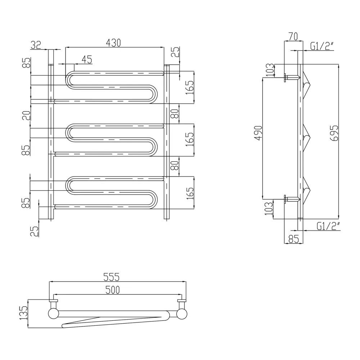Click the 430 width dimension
point(113,43)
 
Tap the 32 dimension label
point(36,45)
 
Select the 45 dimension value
point(87,59)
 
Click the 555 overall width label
point(112,277)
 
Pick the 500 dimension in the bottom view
point(112,290)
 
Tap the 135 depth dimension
point(24,313)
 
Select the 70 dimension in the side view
point(293,36)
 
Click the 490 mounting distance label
point(258,133)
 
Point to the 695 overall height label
point(334,133)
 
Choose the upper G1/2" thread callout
point(321,46)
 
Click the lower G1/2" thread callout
point(328,226)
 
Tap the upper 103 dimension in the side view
point(270,70)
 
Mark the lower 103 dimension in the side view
point(269,208)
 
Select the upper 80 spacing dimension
point(175,113)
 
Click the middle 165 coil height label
point(190,139)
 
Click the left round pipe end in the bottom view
point(54,314)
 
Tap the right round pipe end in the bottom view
point(182,314)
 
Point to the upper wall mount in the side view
point(292,77)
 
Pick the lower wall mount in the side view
point(292,199)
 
